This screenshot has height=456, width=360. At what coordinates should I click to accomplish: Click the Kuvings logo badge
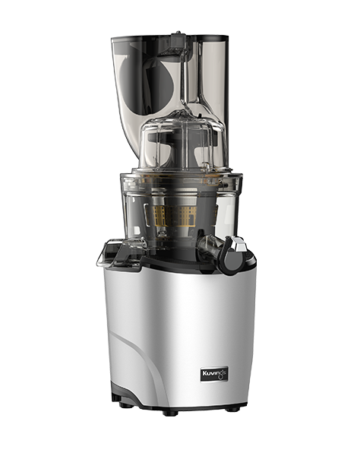pos(214,374)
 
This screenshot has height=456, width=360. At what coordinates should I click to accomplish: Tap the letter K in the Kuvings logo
pos(204,373)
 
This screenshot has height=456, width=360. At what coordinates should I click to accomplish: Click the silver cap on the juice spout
pos(238,243)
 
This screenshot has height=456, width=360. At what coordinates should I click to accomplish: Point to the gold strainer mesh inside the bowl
pos(172,216)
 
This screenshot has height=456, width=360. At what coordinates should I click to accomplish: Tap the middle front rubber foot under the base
pos(170,413)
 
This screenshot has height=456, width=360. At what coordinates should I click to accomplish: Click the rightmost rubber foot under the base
pos(232,409)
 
